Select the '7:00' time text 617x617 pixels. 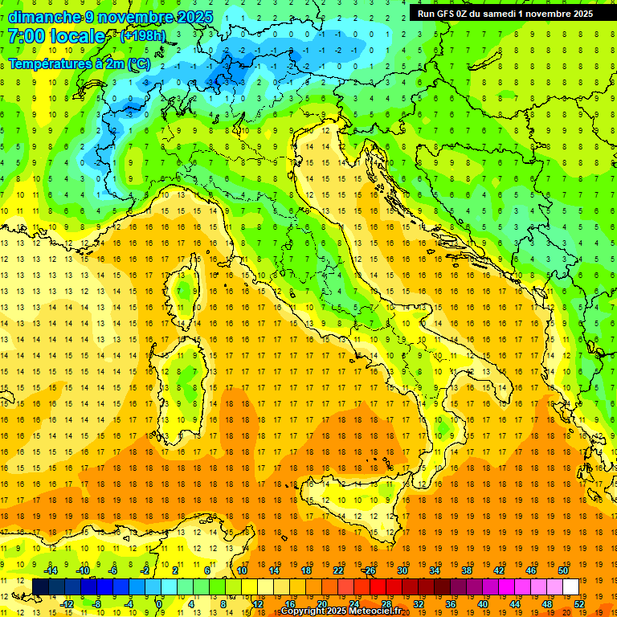(x=25, y=36)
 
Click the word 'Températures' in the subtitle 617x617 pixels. (x=49, y=64)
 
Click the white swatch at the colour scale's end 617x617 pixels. (x=570, y=586)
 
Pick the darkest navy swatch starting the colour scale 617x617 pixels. (x=41, y=586)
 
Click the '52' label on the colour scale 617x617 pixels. (x=579, y=603)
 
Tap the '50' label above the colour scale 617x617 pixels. (x=563, y=570)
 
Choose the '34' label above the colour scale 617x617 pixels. (x=435, y=570)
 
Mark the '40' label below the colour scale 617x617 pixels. (x=483, y=603)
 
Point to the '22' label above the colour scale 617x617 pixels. (x=338, y=570)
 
